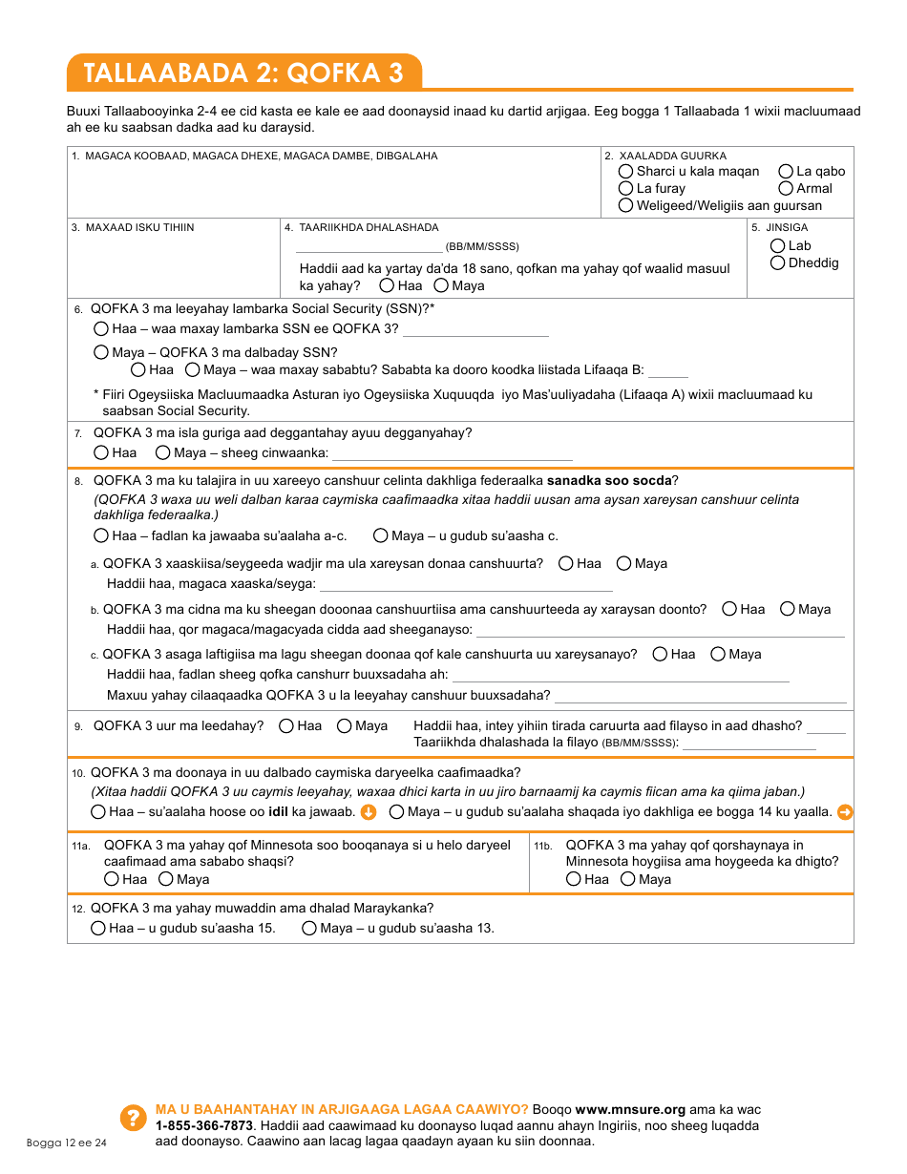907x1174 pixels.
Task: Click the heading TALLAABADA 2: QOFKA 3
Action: pyautogui.click(x=243, y=73)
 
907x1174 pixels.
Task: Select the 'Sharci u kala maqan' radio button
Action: pyautogui.click(x=626, y=172)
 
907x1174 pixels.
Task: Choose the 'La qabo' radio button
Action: pyautogui.click(x=786, y=172)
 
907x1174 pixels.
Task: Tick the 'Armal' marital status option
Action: pyautogui.click(x=786, y=189)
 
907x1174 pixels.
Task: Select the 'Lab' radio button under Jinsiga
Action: pyautogui.click(x=778, y=246)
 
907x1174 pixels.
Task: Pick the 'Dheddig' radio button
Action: pyautogui.click(x=778, y=263)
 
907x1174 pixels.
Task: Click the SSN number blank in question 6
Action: pyautogui.click(x=475, y=329)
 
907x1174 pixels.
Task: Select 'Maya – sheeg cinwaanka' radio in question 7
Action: pyautogui.click(x=163, y=453)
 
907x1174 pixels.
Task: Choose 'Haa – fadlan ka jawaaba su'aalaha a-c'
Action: pyautogui.click(x=101, y=536)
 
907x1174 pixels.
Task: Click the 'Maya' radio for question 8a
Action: pyautogui.click(x=623, y=564)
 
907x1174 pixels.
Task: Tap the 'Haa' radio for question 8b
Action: pyautogui.click(x=729, y=609)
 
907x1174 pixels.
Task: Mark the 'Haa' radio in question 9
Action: pyautogui.click(x=286, y=726)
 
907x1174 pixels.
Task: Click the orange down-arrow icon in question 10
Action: pyautogui.click(x=369, y=812)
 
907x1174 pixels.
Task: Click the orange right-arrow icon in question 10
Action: pyautogui.click(x=845, y=812)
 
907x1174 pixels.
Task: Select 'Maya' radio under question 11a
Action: pyautogui.click(x=166, y=880)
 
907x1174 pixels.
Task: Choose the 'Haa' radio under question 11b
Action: pyautogui.click(x=574, y=880)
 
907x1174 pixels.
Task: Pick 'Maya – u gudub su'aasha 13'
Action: pyautogui.click(x=309, y=929)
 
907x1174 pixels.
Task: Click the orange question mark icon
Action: pyautogui.click(x=132, y=1120)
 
